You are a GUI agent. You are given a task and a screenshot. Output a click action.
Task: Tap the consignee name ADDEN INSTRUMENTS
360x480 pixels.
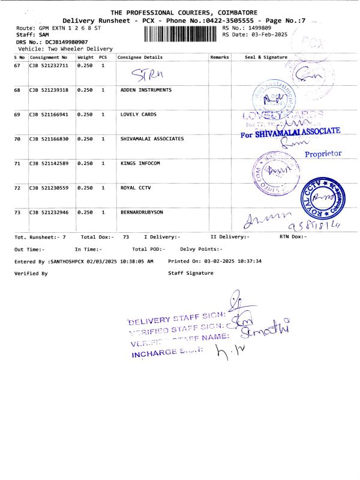[146, 89]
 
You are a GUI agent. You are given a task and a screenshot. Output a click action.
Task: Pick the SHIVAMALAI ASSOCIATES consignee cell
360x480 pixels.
[152, 139]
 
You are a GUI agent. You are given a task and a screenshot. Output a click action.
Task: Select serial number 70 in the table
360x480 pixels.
[17, 139]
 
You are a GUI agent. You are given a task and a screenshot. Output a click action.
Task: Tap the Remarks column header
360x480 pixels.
[220, 57]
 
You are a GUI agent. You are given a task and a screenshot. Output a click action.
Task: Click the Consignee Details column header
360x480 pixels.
[140, 57]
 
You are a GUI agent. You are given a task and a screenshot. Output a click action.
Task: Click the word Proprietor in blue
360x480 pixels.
[323, 154]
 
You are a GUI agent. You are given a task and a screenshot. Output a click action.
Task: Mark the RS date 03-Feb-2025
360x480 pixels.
[255, 35]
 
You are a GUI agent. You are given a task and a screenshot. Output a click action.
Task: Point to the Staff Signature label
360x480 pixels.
[191, 273]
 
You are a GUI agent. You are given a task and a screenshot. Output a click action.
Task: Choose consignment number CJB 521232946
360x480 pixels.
[49, 212]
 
